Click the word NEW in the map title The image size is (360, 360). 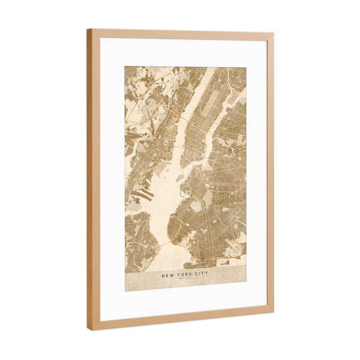170,275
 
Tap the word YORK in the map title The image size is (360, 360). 185,275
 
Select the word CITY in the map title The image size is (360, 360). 201,275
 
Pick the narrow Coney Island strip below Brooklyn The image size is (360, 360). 198,263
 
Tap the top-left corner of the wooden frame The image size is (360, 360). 88,30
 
